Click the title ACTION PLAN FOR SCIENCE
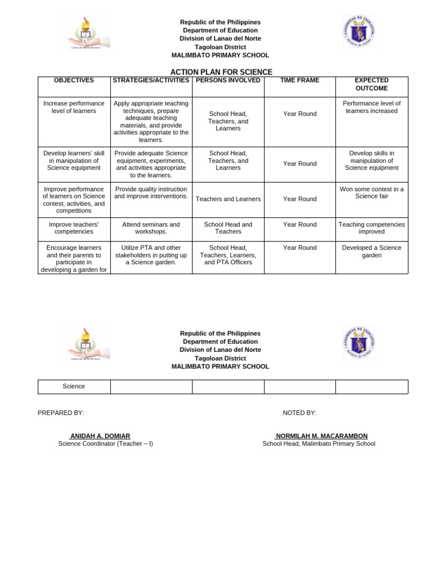tap(221, 72)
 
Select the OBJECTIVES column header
tap(73, 81)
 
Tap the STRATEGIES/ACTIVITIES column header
tap(151, 81)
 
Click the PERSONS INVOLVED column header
tap(228, 81)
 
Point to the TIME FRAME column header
tap(300, 81)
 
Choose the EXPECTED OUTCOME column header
tap(372, 84)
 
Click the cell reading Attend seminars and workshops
tap(151, 228)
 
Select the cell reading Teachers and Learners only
tap(228, 199)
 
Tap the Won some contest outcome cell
tap(372, 193)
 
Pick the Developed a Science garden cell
tap(372, 252)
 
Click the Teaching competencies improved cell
tap(372, 228)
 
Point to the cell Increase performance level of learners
tap(73, 107)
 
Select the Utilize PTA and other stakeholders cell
tap(151, 255)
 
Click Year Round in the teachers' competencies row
tap(300, 225)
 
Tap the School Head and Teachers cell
tap(228, 228)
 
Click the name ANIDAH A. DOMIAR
tap(100, 436)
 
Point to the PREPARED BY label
tap(61, 413)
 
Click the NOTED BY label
tap(299, 413)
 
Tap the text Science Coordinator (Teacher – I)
tap(106, 444)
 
